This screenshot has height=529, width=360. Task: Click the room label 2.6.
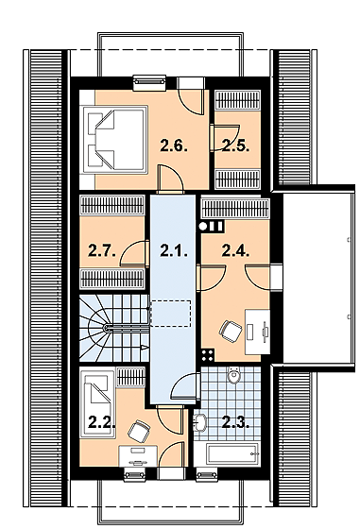click(x=174, y=146)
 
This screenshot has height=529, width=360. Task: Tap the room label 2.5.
click(x=236, y=146)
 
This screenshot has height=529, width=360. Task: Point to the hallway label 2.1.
click(x=174, y=251)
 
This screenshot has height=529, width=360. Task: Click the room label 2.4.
click(x=236, y=251)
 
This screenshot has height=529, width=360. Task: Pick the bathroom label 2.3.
click(x=236, y=422)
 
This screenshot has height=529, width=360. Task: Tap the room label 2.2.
click(x=102, y=422)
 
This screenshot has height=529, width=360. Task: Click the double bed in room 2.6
click(x=114, y=140)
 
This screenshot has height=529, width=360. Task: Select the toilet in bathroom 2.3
click(x=233, y=375)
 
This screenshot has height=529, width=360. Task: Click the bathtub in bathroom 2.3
click(x=233, y=454)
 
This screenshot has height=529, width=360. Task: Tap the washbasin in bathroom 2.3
click(x=200, y=422)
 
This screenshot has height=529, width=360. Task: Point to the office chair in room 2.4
click(x=231, y=331)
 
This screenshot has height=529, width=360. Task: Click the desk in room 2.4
click(x=257, y=332)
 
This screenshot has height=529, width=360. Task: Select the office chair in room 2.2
click(x=139, y=431)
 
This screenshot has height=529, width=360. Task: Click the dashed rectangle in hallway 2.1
click(x=171, y=314)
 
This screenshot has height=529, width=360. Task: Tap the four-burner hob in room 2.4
click(x=207, y=355)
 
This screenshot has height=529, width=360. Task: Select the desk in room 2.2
click(x=138, y=456)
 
